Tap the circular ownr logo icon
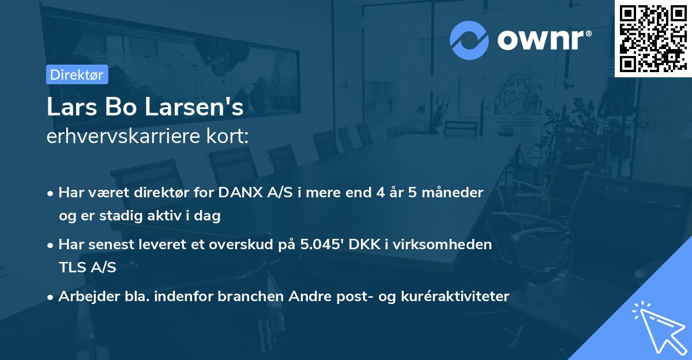click(469, 40)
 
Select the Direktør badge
click(77, 74)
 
